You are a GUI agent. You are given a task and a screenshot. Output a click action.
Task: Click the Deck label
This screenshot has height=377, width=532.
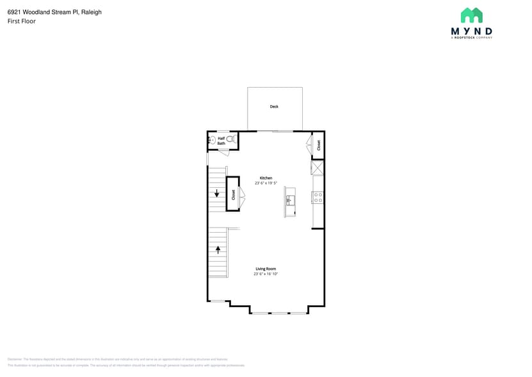(x=274, y=106)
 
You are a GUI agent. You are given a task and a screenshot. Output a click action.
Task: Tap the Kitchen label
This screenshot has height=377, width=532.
(x=266, y=178)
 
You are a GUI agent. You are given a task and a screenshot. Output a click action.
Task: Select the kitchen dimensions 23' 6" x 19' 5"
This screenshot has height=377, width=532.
(x=266, y=183)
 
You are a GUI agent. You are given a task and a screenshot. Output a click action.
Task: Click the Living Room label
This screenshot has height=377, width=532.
(x=266, y=269)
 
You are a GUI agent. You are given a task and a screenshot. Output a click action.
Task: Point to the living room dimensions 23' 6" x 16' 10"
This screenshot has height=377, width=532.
(x=266, y=274)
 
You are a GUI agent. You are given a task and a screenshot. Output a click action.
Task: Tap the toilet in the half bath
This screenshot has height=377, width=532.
(x=231, y=138)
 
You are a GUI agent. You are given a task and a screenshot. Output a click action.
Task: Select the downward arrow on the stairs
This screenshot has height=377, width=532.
(x=217, y=193)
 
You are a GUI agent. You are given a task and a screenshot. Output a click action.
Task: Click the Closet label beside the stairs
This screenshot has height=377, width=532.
(x=233, y=194)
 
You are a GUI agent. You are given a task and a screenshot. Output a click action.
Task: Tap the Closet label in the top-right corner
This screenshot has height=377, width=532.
(x=318, y=145)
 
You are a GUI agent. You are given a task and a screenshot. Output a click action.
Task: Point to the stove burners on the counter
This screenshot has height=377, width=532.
(x=318, y=197)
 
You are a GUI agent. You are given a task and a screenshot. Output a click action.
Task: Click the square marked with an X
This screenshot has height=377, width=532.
(x=318, y=168)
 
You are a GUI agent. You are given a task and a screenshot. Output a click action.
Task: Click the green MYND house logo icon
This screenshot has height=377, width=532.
(x=471, y=15)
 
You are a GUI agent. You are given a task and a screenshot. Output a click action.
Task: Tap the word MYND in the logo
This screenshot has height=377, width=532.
(x=471, y=31)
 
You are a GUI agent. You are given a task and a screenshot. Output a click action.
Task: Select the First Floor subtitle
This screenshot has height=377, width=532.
(x=22, y=21)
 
